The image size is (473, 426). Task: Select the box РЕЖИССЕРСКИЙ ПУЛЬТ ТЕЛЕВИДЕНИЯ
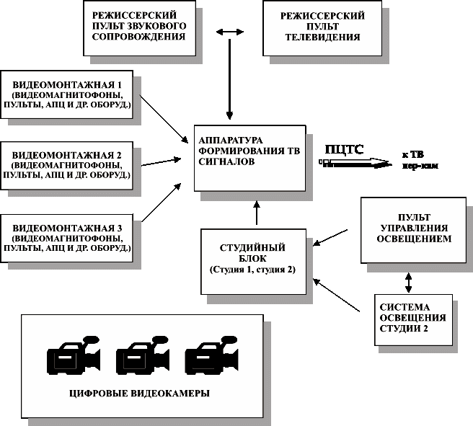click(x=322, y=27)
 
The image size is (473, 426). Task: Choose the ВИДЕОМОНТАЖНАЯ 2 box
click(x=67, y=165)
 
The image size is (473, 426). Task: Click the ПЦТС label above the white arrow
click(x=345, y=150)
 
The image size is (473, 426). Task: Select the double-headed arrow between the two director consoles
click(x=229, y=32)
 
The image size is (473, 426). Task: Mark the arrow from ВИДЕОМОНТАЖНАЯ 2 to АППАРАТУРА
click(x=160, y=161)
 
